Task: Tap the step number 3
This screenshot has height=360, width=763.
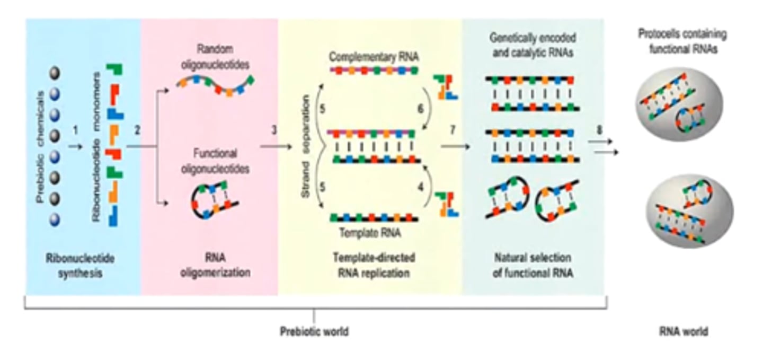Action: tap(274, 129)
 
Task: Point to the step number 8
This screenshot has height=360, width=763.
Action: tap(600, 129)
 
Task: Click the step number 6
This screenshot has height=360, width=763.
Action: tap(421, 108)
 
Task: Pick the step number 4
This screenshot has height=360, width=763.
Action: tap(421, 186)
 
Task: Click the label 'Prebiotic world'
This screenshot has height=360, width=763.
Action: tap(314, 332)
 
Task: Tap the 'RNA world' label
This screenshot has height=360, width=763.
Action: tap(683, 332)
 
